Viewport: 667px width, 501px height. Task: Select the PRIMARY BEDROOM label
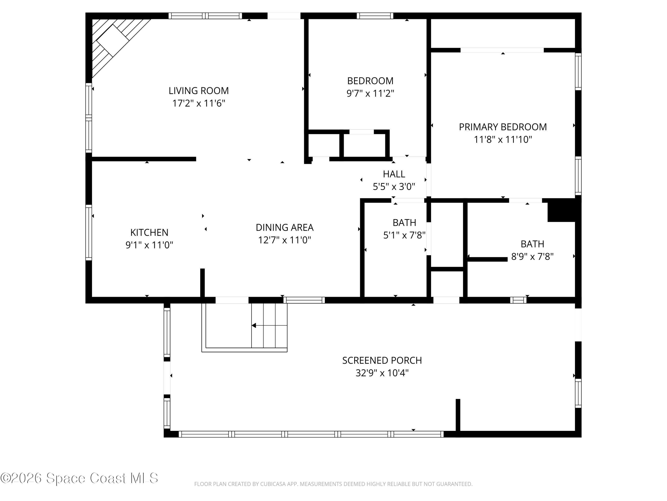coord(503,127)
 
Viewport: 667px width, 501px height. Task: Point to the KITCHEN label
coord(149,232)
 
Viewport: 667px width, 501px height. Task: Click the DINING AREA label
coord(284,227)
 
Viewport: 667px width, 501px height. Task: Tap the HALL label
coord(394,174)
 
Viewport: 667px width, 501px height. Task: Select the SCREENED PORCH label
coord(382,360)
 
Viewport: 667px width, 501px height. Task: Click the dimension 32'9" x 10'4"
coord(382,373)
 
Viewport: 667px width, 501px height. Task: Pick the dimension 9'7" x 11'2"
coord(370,93)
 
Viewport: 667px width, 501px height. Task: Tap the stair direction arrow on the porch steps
coord(254,325)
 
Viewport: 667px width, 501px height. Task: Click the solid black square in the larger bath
coord(561,210)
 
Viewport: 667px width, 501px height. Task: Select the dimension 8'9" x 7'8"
coord(532,256)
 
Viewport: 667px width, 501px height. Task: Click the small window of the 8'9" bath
coord(518,300)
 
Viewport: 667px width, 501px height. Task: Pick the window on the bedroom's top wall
coord(375,16)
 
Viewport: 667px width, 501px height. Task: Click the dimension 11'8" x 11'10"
coord(503,140)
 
